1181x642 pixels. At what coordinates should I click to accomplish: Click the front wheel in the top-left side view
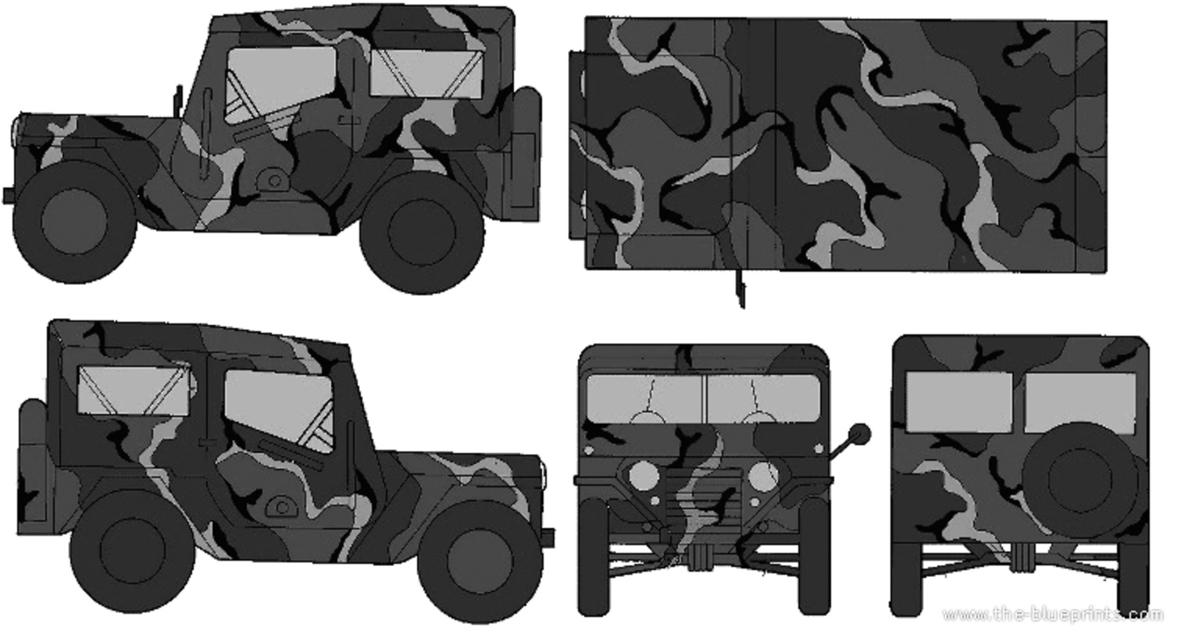[74, 222]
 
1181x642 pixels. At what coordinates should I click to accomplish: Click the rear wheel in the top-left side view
[421, 233]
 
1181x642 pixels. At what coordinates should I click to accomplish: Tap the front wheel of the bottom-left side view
[480, 560]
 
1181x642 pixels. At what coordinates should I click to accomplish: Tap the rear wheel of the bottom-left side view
[132, 551]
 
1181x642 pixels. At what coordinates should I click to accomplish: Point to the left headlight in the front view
[644, 476]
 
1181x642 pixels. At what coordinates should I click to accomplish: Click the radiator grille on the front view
[703, 499]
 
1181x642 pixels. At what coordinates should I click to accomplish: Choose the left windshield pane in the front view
[645, 399]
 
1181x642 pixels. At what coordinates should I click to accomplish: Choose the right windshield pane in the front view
[764, 400]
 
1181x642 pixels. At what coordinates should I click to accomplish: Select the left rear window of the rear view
[959, 401]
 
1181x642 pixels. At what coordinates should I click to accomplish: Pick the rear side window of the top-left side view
[426, 73]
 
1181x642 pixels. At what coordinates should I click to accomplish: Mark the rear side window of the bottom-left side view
[134, 391]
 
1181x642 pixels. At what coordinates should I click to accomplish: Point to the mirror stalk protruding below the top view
[740, 289]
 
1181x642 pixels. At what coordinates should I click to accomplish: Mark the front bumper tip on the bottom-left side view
[549, 538]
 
